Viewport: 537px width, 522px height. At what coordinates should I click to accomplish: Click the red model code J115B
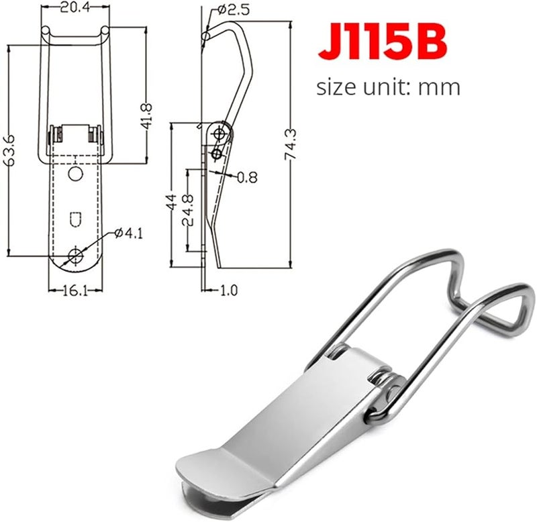(x=381, y=42)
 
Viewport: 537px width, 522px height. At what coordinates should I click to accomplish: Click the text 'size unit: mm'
(x=388, y=87)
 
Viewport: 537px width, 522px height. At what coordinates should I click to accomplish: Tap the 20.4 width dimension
(x=76, y=8)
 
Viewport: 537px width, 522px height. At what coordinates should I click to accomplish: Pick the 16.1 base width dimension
(x=76, y=293)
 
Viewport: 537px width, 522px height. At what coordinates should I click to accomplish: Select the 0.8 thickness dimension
(x=247, y=178)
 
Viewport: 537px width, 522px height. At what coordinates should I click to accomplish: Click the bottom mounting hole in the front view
(x=76, y=254)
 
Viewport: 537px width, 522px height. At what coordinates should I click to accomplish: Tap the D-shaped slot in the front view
(x=76, y=219)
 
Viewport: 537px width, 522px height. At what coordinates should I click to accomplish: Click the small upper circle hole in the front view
(x=77, y=174)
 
